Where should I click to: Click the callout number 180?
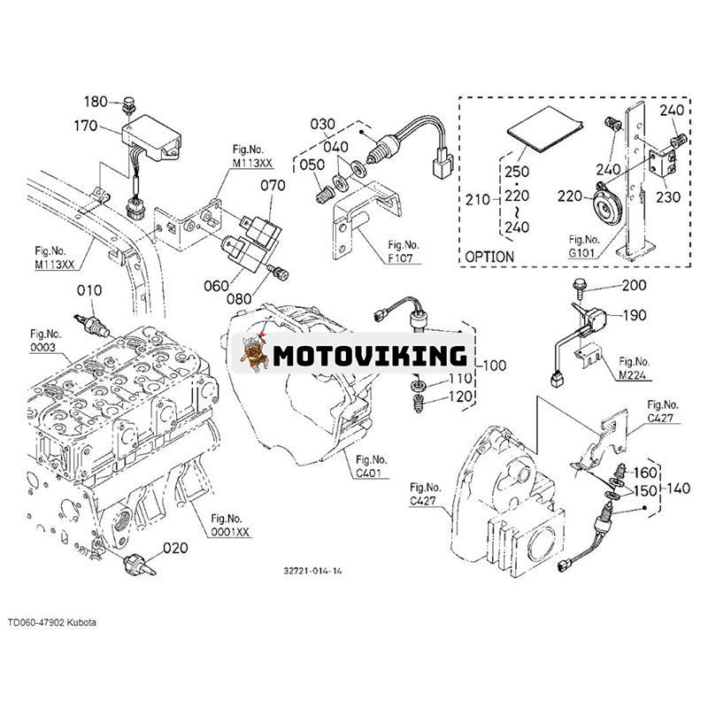click(x=96, y=101)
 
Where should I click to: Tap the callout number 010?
click(x=88, y=289)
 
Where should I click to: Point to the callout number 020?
click(x=174, y=548)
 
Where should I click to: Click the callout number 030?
click(x=323, y=123)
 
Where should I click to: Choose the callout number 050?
click(x=311, y=165)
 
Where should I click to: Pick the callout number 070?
click(x=273, y=186)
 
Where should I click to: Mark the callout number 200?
click(x=634, y=285)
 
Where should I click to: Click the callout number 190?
click(x=634, y=315)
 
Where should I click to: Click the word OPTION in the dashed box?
click(x=489, y=257)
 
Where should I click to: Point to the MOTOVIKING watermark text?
click(x=369, y=356)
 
